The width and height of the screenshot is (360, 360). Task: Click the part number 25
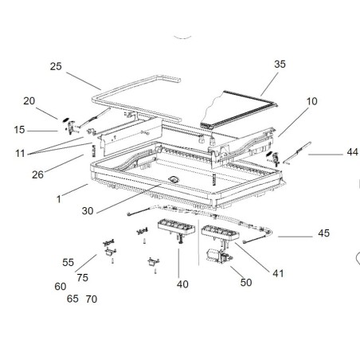(56, 66)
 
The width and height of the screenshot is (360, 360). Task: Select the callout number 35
(279, 64)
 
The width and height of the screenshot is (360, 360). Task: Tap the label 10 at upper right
(311, 102)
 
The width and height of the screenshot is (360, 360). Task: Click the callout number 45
(323, 234)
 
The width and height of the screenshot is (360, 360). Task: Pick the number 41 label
(278, 273)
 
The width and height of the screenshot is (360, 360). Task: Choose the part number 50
(245, 283)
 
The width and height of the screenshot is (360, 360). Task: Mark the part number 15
(20, 129)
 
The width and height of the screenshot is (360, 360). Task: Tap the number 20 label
(29, 101)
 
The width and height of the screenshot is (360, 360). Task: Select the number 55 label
(68, 262)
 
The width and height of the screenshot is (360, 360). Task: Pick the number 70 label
(91, 299)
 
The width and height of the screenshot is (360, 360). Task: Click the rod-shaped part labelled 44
(294, 150)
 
